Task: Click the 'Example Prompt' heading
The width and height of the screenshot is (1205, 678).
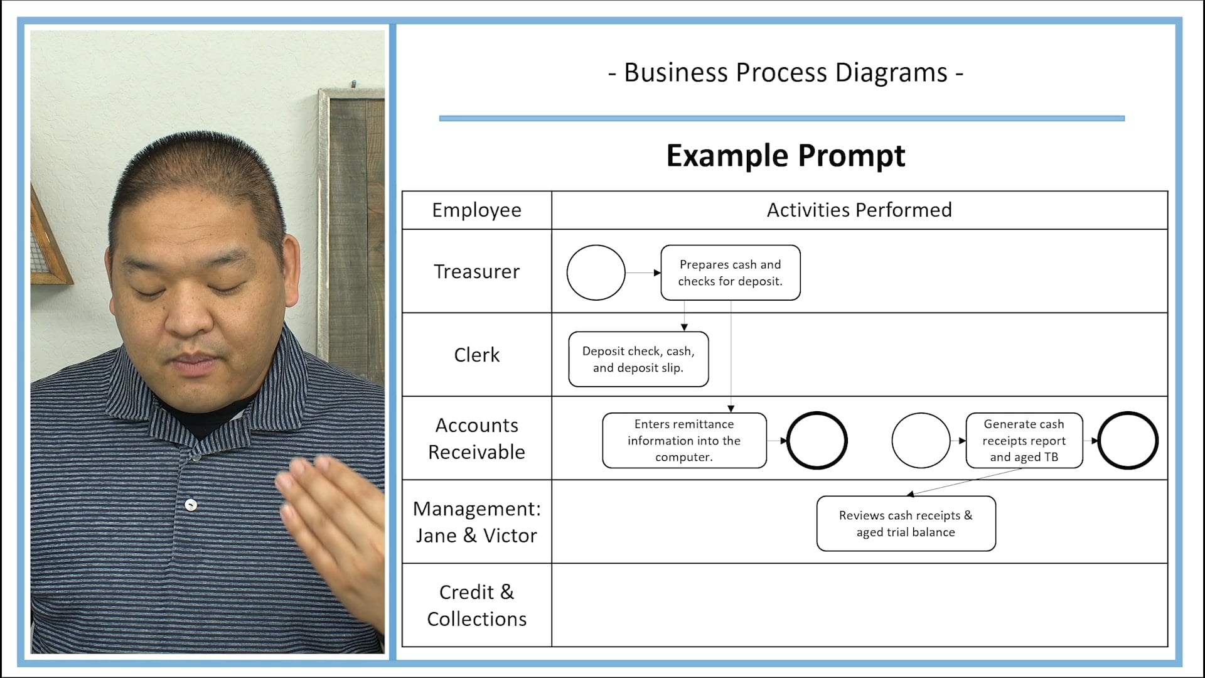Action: pyautogui.click(x=785, y=155)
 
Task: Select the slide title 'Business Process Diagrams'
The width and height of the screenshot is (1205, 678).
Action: pyautogui.click(x=785, y=73)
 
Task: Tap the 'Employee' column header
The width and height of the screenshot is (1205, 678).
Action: pyautogui.click(x=476, y=210)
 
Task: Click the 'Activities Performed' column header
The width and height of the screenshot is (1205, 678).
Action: pyautogui.click(x=859, y=210)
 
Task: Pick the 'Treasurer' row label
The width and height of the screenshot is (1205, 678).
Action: pyautogui.click(x=476, y=271)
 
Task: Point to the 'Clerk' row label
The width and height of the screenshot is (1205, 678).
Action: pyautogui.click(x=476, y=355)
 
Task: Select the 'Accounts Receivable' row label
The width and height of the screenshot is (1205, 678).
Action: pyautogui.click(x=476, y=438)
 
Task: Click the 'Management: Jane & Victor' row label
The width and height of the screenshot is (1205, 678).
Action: pyautogui.click(x=476, y=522)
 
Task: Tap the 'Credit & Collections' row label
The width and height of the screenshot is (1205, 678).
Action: pyautogui.click(x=476, y=605)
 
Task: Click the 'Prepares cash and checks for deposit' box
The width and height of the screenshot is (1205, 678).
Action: pyautogui.click(x=730, y=272)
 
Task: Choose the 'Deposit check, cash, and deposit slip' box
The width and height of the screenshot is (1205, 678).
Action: pyautogui.click(x=638, y=359)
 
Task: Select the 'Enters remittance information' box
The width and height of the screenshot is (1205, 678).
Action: pyautogui.click(x=684, y=440)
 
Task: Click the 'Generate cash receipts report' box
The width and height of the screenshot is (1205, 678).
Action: pyautogui.click(x=1024, y=440)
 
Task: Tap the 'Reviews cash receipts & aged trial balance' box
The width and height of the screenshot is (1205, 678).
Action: pyautogui.click(x=906, y=524)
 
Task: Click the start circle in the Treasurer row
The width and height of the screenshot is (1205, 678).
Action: pyautogui.click(x=596, y=272)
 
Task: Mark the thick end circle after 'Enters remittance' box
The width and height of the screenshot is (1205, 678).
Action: pyautogui.click(x=817, y=440)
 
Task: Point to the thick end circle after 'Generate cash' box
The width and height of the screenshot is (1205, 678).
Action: pyautogui.click(x=1128, y=440)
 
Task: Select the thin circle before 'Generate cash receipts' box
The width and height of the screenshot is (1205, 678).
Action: pyautogui.click(x=921, y=440)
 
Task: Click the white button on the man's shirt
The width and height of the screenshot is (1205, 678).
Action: pyautogui.click(x=191, y=505)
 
